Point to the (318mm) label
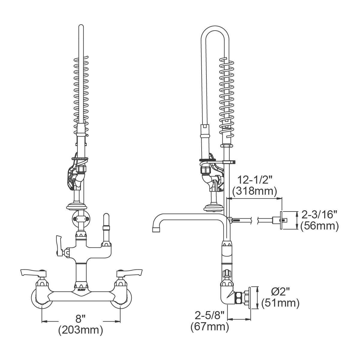[254, 191]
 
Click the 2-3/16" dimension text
[319, 214]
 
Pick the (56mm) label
[319, 226]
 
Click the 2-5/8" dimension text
[210, 315]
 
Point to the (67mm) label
[210, 326]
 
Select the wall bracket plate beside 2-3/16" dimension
[282, 220]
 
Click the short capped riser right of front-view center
[106, 228]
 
